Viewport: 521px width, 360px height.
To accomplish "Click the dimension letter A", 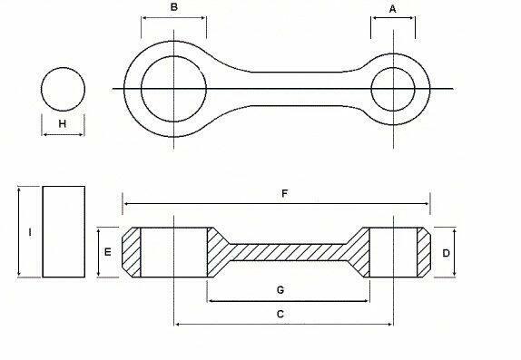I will click(x=393, y=8).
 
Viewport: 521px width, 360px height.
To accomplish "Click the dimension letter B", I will click(x=173, y=8).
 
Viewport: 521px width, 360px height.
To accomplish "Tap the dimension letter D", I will click(x=446, y=253).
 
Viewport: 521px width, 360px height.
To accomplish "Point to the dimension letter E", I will click(x=108, y=251).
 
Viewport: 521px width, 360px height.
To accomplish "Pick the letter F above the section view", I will click(x=285, y=194).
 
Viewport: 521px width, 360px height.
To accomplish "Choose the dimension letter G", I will click(x=280, y=289).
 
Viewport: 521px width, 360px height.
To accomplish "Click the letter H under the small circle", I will click(x=62, y=123).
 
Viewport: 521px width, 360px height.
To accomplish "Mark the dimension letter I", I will click(x=30, y=232).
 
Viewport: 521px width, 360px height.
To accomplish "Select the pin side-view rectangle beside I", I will click(x=64, y=230).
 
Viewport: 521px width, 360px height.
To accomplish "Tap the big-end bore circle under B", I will click(x=173, y=87).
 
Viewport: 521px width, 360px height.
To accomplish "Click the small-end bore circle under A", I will click(x=393, y=88).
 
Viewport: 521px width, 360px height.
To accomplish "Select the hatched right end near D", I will click(x=422, y=252).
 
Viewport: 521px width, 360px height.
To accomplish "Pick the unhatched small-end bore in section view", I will click(x=393, y=252).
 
